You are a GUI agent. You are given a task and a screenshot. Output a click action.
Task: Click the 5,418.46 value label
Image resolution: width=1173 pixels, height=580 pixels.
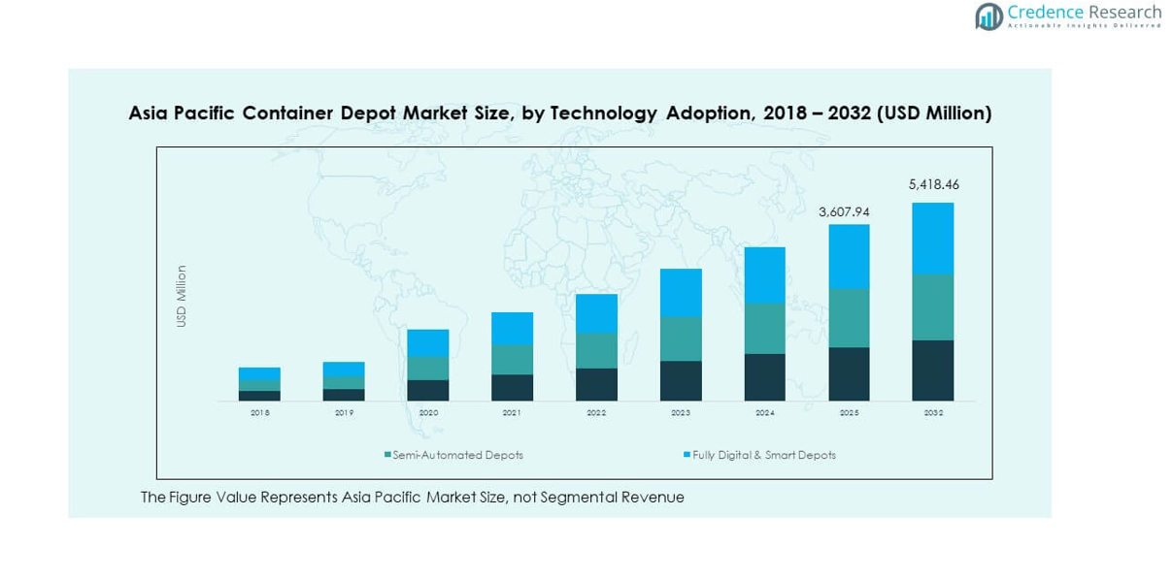(933, 184)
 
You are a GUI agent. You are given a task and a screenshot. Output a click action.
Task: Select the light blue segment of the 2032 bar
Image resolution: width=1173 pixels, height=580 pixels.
(932, 239)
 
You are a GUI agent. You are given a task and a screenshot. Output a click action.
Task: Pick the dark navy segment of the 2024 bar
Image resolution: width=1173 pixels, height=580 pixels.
(765, 377)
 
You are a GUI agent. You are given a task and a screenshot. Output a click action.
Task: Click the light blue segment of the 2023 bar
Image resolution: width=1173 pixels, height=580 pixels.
(681, 293)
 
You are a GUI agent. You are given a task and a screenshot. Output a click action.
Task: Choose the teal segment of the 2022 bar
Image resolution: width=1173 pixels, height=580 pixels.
(596, 351)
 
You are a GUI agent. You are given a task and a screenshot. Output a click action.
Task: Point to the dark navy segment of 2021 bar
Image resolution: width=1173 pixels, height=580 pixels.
(512, 388)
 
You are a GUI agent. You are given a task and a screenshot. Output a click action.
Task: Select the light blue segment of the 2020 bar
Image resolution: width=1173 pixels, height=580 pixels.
(428, 343)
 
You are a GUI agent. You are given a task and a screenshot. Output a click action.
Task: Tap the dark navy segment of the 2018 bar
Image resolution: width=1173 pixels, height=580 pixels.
(259, 396)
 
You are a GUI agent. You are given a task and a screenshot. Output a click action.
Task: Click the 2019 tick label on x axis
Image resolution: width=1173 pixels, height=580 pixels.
(344, 413)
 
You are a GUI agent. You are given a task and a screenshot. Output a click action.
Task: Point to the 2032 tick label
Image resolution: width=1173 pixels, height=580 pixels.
(932, 413)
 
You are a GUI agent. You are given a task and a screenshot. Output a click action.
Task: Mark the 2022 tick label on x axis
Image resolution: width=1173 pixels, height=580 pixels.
(596, 413)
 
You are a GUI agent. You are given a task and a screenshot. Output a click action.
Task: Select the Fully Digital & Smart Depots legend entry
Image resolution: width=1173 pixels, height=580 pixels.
(763, 455)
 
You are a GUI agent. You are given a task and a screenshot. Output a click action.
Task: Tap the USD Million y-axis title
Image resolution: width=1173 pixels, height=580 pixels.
(182, 296)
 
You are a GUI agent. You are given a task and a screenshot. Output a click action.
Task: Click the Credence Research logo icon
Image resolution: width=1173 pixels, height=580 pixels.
(989, 16)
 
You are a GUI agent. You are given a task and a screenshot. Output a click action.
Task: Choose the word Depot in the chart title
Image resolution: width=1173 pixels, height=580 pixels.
(370, 113)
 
